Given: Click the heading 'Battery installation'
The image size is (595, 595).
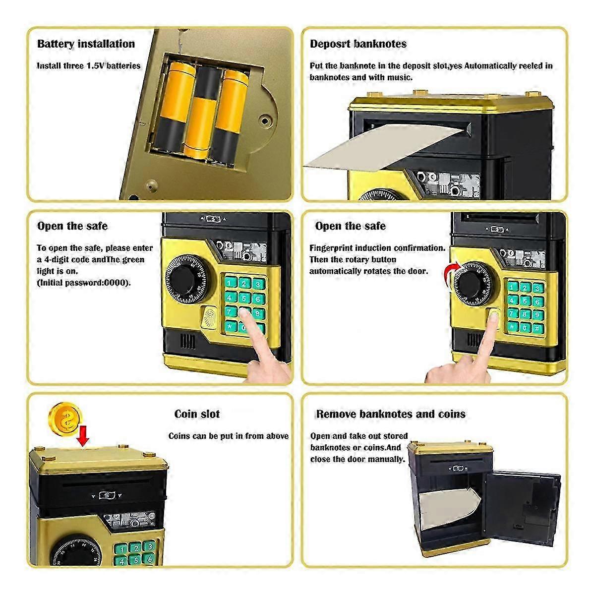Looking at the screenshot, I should point(86,44).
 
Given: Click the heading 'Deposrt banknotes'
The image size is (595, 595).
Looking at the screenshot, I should point(358,44).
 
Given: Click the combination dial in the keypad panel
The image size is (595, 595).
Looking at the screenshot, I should point(184,280).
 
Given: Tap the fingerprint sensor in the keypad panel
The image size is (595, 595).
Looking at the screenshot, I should point(211,317).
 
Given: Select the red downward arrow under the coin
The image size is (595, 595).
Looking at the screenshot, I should point(83,436).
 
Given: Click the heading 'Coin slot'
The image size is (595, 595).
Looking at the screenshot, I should point(197,414).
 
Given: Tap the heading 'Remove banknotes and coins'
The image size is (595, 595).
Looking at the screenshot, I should point(391,414).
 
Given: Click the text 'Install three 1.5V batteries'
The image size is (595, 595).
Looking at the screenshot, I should point(89,66).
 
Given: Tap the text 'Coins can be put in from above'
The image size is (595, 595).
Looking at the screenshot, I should point(228,436).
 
